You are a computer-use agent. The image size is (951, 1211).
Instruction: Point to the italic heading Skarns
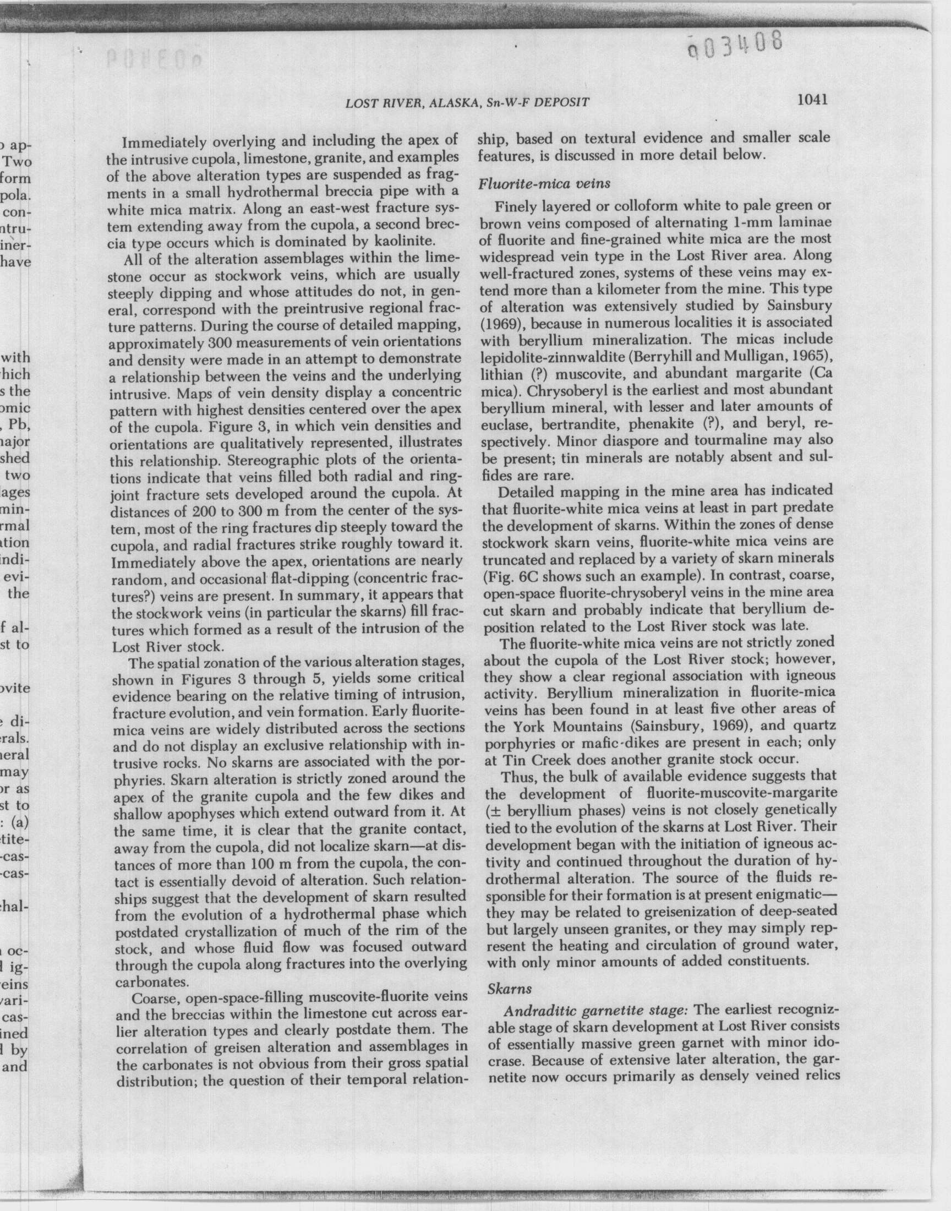coord(510,988)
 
